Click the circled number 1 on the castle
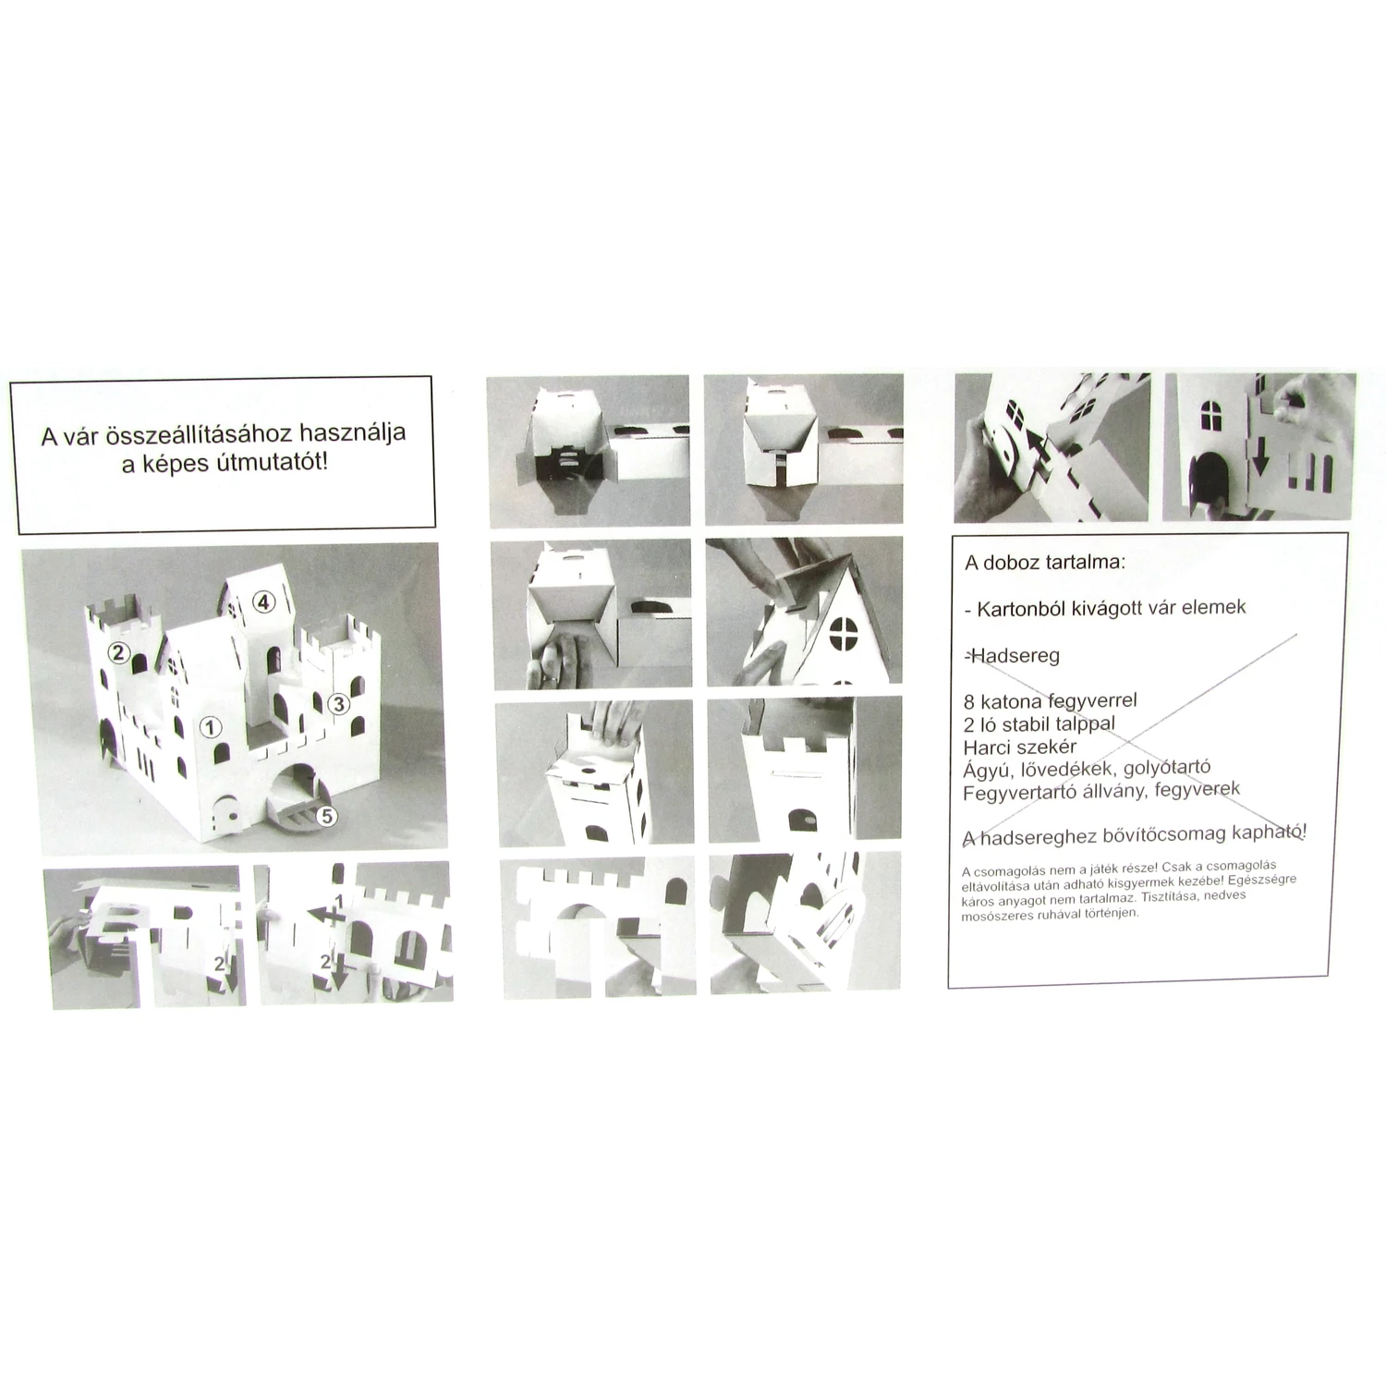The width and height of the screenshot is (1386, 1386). (211, 727)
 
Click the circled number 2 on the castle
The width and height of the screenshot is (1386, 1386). (117, 653)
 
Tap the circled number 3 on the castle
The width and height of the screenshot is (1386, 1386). (339, 703)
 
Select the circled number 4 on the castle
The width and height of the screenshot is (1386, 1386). (264, 602)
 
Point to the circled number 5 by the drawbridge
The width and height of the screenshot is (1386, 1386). (326, 816)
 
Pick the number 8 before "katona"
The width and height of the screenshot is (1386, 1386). (968, 702)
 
